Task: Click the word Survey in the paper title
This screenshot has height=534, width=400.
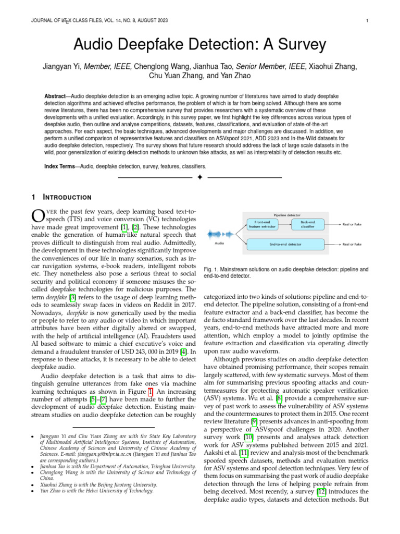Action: click(x=290, y=44)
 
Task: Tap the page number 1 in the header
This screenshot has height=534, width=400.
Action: click(x=367, y=21)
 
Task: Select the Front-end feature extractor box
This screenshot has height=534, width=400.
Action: click(x=262, y=224)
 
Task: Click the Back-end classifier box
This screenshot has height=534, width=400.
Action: click(x=308, y=224)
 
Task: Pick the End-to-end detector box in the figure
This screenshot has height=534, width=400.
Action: click(x=285, y=244)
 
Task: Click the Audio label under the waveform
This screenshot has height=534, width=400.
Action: click(x=219, y=244)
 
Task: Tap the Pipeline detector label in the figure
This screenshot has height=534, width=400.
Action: click(x=286, y=215)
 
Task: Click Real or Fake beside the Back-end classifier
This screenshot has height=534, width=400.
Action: click(x=352, y=224)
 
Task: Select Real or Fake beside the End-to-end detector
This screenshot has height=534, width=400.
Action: click(x=352, y=244)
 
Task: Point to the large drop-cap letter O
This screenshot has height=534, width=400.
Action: click(x=39, y=216)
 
